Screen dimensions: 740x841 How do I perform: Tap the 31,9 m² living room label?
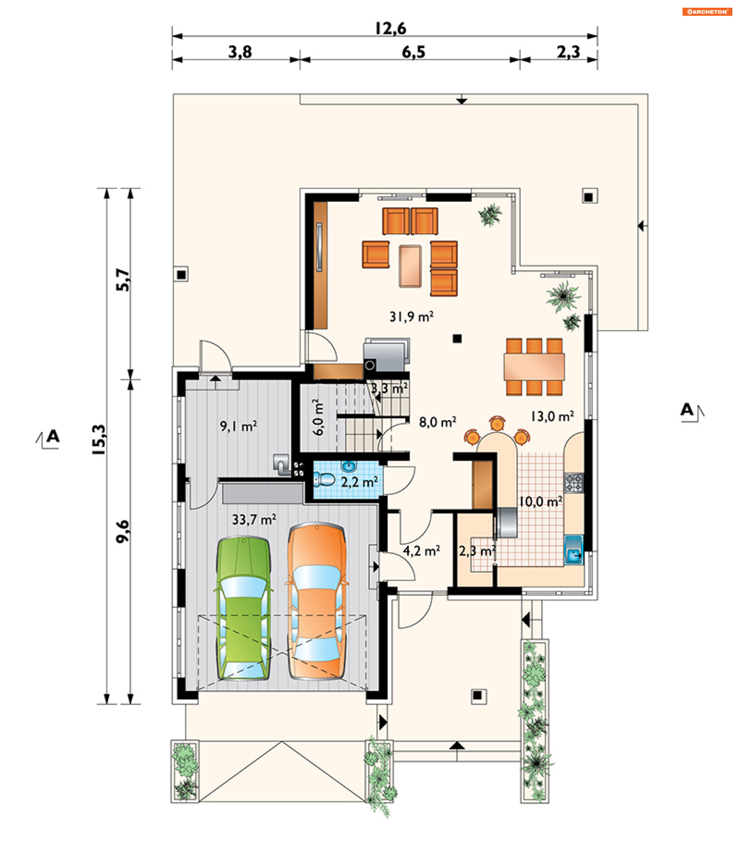point(411,316)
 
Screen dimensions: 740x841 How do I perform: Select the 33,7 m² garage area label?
point(254,520)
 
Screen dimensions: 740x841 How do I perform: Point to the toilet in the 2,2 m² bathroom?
point(324,480)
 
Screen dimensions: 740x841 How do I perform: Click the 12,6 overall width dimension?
point(390,29)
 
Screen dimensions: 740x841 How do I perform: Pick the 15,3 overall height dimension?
point(99,439)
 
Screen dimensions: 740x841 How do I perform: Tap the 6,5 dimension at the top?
point(414,52)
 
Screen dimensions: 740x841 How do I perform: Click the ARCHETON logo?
point(707,12)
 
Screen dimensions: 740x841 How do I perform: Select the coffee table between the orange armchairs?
point(410,266)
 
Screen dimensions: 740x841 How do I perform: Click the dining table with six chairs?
point(534,367)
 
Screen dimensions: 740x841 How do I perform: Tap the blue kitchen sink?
point(573,550)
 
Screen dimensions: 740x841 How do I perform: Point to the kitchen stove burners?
point(573,483)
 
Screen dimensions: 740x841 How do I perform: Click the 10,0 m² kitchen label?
point(540,501)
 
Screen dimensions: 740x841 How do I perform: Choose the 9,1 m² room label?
point(238,426)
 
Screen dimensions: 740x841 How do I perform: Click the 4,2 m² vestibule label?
point(421,551)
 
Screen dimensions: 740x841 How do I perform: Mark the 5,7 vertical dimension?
point(123,280)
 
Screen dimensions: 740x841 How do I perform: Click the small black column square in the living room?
point(457,339)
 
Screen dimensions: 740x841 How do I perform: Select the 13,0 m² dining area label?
point(552,416)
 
